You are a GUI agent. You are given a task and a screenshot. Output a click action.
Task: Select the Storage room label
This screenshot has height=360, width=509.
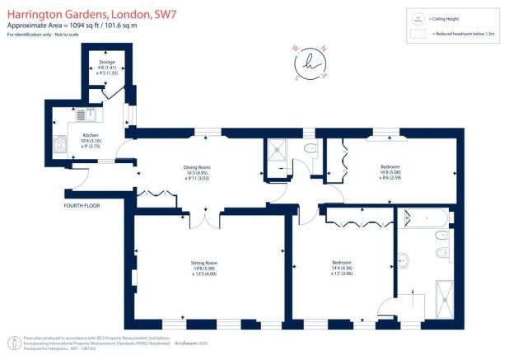point(107,66)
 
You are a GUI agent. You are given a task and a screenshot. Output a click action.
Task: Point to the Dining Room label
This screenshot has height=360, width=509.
point(197,172)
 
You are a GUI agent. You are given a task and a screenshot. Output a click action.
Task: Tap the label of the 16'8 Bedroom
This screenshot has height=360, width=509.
point(390,171)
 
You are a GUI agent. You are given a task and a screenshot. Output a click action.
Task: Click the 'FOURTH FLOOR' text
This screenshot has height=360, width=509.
point(81,205)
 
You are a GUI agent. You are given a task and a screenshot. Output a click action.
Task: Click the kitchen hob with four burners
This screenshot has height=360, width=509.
point(61,147)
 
